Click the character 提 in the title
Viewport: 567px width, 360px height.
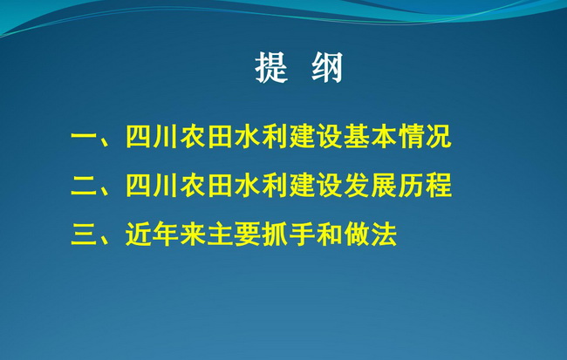271,68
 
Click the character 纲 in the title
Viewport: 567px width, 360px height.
327,68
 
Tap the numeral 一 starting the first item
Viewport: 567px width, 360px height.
84,137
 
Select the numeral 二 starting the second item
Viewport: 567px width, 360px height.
84,186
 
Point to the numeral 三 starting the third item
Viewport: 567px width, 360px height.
84,234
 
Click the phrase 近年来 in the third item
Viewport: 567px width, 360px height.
166,234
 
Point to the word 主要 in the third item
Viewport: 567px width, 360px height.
235,234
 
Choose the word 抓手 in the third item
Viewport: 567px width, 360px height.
289,234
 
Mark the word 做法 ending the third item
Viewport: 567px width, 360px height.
371,234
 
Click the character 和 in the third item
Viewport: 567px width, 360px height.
330,234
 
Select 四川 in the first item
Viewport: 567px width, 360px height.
152,137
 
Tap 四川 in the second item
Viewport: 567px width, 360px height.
152,186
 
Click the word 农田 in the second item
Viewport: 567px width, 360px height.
207,186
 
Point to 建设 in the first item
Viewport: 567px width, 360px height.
316,137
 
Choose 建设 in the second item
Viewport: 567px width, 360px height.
316,186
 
